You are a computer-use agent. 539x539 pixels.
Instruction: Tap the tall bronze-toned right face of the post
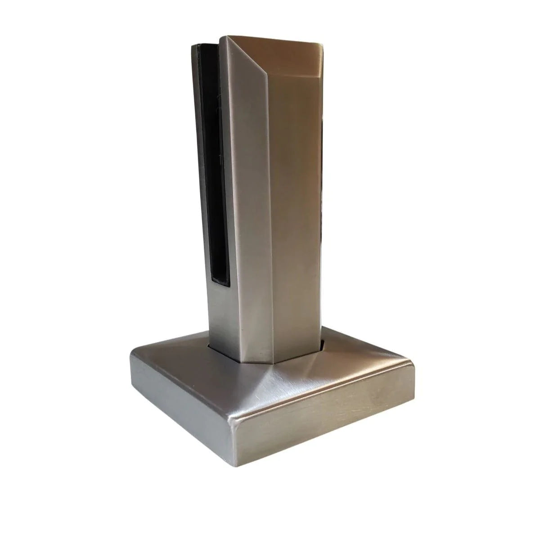pos(295,202)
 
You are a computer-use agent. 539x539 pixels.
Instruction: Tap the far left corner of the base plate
pos(131,355)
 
